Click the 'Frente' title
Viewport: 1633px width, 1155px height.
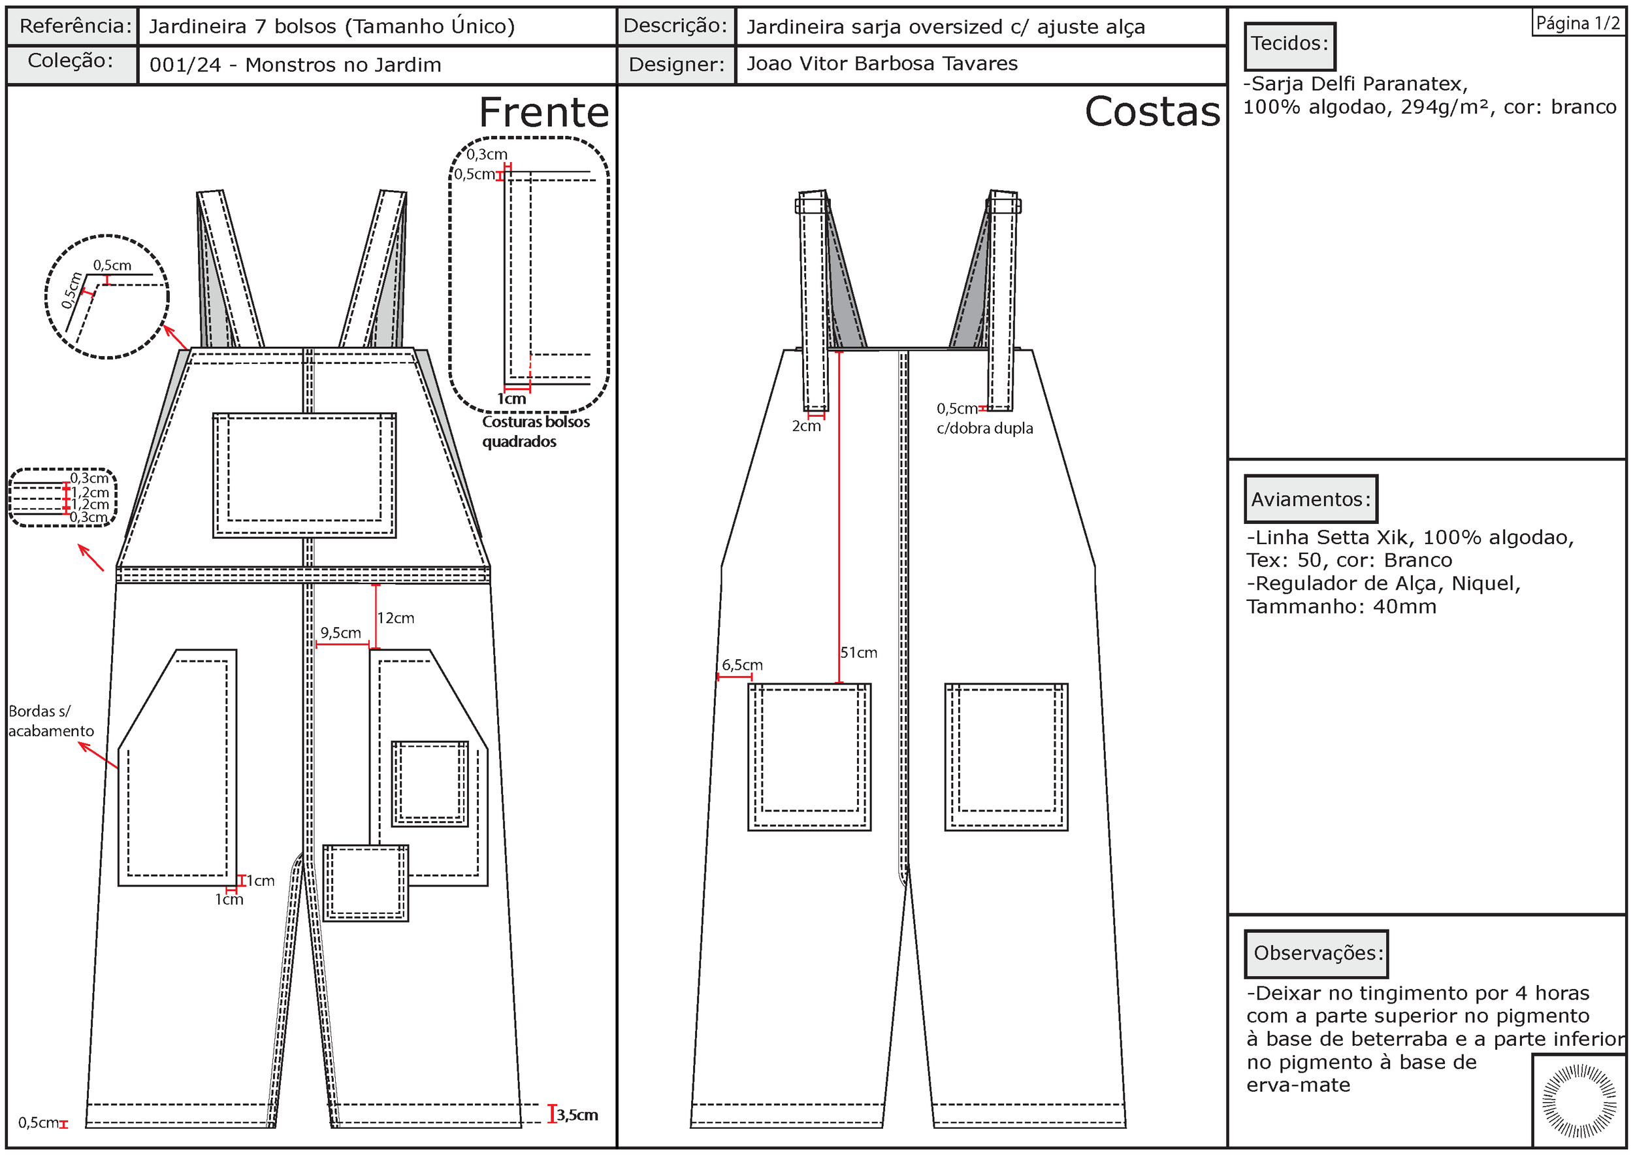(543, 112)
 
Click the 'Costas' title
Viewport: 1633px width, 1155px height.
(1152, 112)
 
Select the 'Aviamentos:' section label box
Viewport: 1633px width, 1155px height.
(1310, 499)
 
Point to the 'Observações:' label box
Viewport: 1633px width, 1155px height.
(1316, 954)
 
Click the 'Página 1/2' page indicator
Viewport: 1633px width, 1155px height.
(1577, 24)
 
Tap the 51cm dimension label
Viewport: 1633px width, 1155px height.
(858, 652)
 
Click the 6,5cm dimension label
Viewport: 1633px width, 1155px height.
(742, 664)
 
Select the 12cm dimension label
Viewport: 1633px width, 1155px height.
(395, 618)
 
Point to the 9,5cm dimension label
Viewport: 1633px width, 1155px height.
(341, 632)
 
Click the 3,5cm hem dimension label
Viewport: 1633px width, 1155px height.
(577, 1114)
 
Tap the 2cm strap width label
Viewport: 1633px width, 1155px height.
(806, 426)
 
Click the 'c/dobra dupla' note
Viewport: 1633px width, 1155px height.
(984, 428)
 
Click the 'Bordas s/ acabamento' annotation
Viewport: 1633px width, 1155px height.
(50, 721)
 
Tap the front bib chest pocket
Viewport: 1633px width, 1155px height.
(304, 474)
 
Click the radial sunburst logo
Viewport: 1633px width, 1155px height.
(1578, 1101)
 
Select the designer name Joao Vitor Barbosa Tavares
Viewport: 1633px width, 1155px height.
(882, 64)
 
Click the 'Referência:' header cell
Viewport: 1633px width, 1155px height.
(74, 26)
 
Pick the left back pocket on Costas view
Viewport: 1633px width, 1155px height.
(809, 756)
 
